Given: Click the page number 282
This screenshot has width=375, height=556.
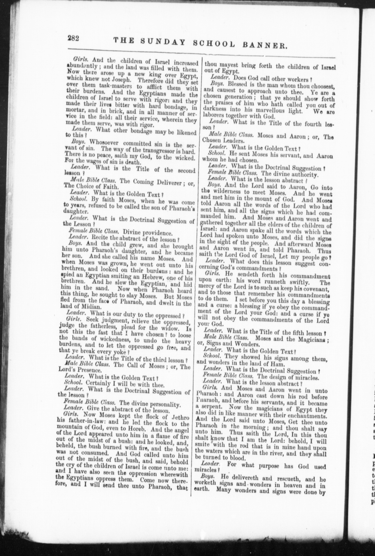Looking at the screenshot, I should pyautogui.click(x=73, y=38).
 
